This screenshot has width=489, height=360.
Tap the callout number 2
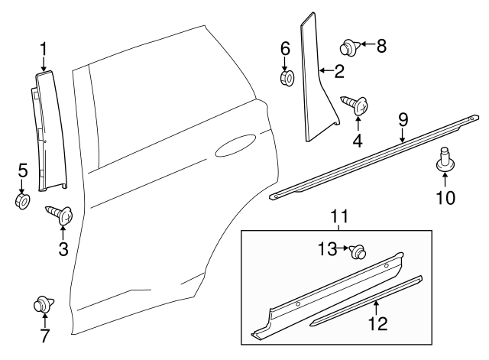pos(338,72)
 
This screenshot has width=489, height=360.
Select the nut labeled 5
pos(21,201)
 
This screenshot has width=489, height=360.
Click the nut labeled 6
pos(288,77)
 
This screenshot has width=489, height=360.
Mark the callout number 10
pos(445,198)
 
